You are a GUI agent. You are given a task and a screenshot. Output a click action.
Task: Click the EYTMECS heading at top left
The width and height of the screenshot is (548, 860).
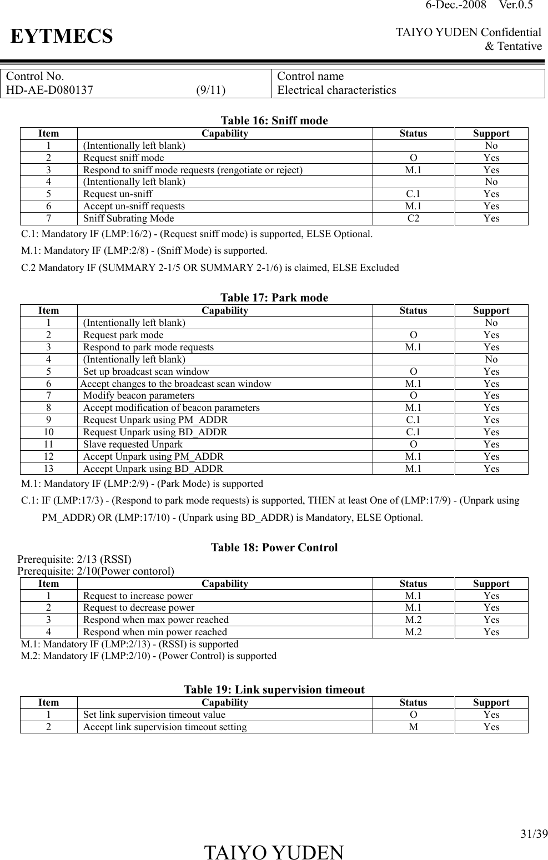(x=62, y=37)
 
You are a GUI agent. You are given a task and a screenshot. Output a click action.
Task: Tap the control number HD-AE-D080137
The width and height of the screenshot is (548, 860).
(x=49, y=90)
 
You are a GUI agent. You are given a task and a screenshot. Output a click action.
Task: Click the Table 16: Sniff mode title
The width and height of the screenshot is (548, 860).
(x=274, y=120)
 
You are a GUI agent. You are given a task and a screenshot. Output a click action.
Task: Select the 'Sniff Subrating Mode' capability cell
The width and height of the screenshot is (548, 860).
(x=128, y=218)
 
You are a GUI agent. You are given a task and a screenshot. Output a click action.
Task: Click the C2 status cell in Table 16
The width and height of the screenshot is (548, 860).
(x=413, y=218)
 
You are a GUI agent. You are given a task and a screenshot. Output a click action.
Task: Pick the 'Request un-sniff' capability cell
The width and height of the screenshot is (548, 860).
(x=118, y=194)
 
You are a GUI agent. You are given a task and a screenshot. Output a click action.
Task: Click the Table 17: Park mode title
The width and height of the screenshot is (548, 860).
(x=274, y=298)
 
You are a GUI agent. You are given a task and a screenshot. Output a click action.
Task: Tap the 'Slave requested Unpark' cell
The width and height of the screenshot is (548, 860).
(x=133, y=444)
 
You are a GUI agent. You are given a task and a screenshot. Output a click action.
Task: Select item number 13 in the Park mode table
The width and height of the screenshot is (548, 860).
(x=49, y=469)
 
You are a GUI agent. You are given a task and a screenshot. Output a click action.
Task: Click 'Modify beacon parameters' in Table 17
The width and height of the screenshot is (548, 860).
(x=139, y=395)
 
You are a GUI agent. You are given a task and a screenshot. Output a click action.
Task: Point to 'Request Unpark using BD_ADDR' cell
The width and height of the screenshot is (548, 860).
(x=155, y=432)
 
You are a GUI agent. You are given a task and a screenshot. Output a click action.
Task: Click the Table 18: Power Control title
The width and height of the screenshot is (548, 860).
(x=274, y=547)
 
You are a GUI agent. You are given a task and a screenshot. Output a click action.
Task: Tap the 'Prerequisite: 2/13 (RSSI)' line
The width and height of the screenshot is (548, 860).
(x=74, y=560)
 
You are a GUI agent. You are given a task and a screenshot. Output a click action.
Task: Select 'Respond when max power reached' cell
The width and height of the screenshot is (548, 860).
(x=155, y=620)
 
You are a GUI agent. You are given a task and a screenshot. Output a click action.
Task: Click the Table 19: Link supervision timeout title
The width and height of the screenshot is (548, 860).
(x=274, y=690)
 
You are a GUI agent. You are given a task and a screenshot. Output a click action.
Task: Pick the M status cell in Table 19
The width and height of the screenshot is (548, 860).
(x=413, y=727)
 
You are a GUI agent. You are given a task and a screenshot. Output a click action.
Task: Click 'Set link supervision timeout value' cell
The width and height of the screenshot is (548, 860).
(x=154, y=715)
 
